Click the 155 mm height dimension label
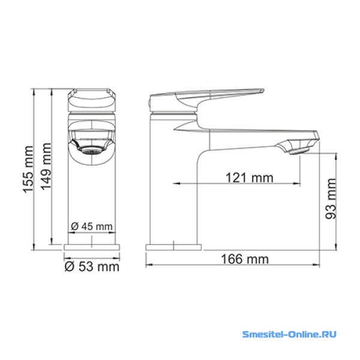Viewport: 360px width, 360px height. point(28,169)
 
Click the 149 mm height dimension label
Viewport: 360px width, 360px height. point(46,166)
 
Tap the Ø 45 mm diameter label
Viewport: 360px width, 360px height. point(92,226)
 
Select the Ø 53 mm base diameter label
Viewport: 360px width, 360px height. point(92,266)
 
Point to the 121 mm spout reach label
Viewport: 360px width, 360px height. point(250,178)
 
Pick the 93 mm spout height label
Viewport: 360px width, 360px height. point(331,199)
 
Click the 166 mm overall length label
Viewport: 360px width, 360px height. point(245,259)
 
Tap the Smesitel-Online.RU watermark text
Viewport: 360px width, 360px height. point(289,334)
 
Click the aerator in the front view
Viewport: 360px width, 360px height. point(92,151)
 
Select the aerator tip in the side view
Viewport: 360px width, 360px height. point(299,151)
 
